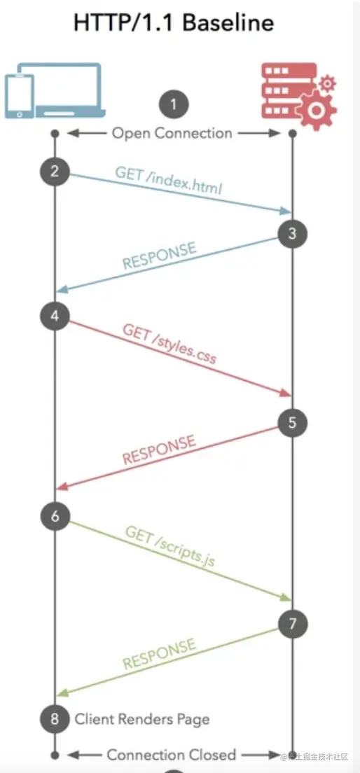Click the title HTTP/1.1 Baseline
click(174, 23)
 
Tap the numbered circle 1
click(174, 104)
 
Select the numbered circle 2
click(55, 172)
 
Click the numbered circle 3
click(293, 234)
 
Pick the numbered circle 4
click(55, 316)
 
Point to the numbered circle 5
click(293, 422)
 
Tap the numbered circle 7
click(293, 624)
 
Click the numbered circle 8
click(55, 719)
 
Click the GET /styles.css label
click(169, 343)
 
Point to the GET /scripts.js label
click(170, 545)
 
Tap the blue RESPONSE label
click(159, 256)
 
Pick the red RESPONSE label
click(159, 449)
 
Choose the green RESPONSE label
click(159, 654)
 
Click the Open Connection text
click(172, 133)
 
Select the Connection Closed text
click(172, 755)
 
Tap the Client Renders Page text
click(142, 719)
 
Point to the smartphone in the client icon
click(20, 97)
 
